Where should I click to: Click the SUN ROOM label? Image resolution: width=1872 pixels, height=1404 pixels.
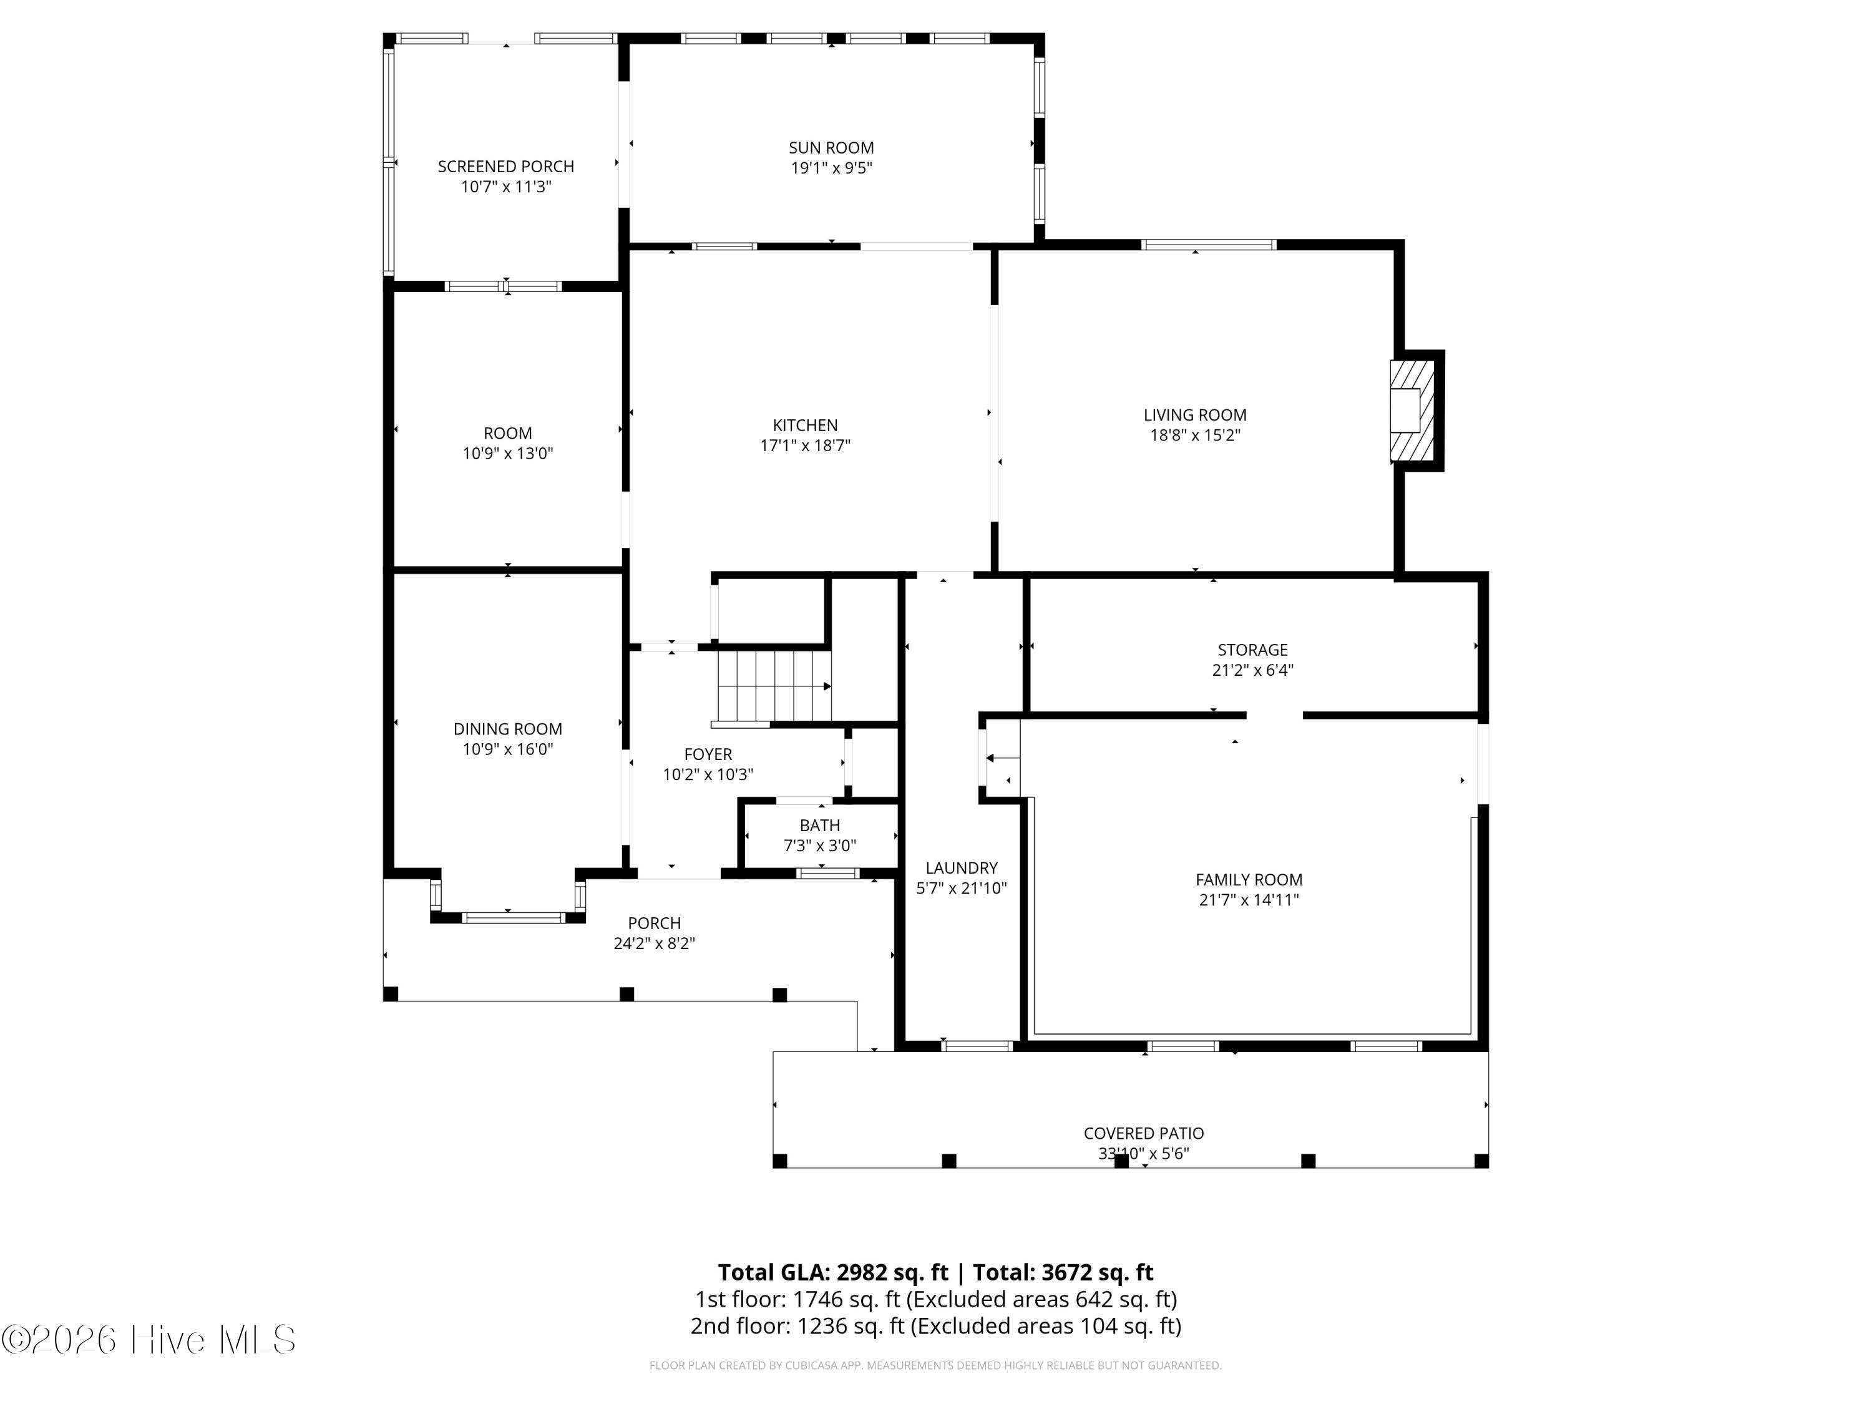(x=831, y=148)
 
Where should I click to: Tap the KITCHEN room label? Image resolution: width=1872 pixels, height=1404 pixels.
(x=805, y=426)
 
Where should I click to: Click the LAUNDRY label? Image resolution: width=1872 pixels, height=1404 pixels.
(x=962, y=869)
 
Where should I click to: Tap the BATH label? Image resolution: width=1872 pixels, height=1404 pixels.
(x=820, y=825)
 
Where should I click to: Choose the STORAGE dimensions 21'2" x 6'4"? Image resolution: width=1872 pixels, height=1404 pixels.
(x=1252, y=670)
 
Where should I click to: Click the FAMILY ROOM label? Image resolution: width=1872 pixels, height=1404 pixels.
(x=1249, y=880)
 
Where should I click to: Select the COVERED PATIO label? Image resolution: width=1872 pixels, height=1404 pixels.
(x=1143, y=1133)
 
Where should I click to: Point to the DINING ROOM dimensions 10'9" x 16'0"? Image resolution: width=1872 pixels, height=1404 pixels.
(x=508, y=749)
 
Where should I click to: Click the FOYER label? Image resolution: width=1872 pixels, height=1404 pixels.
(x=708, y=754)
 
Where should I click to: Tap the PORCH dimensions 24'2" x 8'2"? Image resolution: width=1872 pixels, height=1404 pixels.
(x=654, y=943)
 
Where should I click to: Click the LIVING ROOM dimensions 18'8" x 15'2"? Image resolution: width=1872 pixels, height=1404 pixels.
(x=1195, y=436)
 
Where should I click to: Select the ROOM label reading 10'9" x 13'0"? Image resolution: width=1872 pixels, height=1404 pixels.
(x=508, y=433)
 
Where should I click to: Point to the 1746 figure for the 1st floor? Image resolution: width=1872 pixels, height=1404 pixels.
(x=817, y=1299)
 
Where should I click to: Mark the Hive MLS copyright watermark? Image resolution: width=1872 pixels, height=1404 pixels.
(x=149, y=1340)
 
